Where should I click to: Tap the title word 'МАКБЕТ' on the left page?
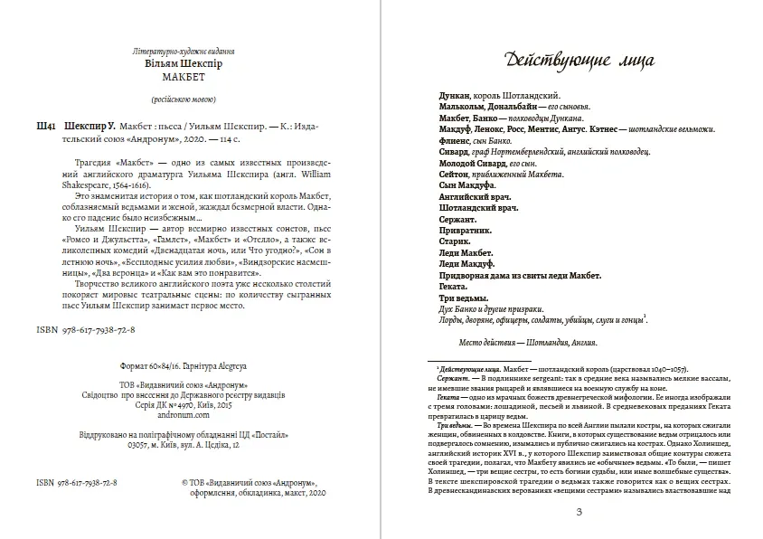[x=184, y=78]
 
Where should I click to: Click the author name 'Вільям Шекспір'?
[x=184, y=65]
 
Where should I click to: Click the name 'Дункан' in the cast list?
[x=455, y=94]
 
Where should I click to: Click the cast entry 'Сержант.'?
[x=457, y=220]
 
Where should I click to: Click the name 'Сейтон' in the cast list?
[x=456, y=174]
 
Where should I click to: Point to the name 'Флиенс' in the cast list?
[x=455, y=140]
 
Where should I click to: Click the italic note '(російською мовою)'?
[x=184, y=99]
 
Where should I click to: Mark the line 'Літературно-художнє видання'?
[x=184, y=52]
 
